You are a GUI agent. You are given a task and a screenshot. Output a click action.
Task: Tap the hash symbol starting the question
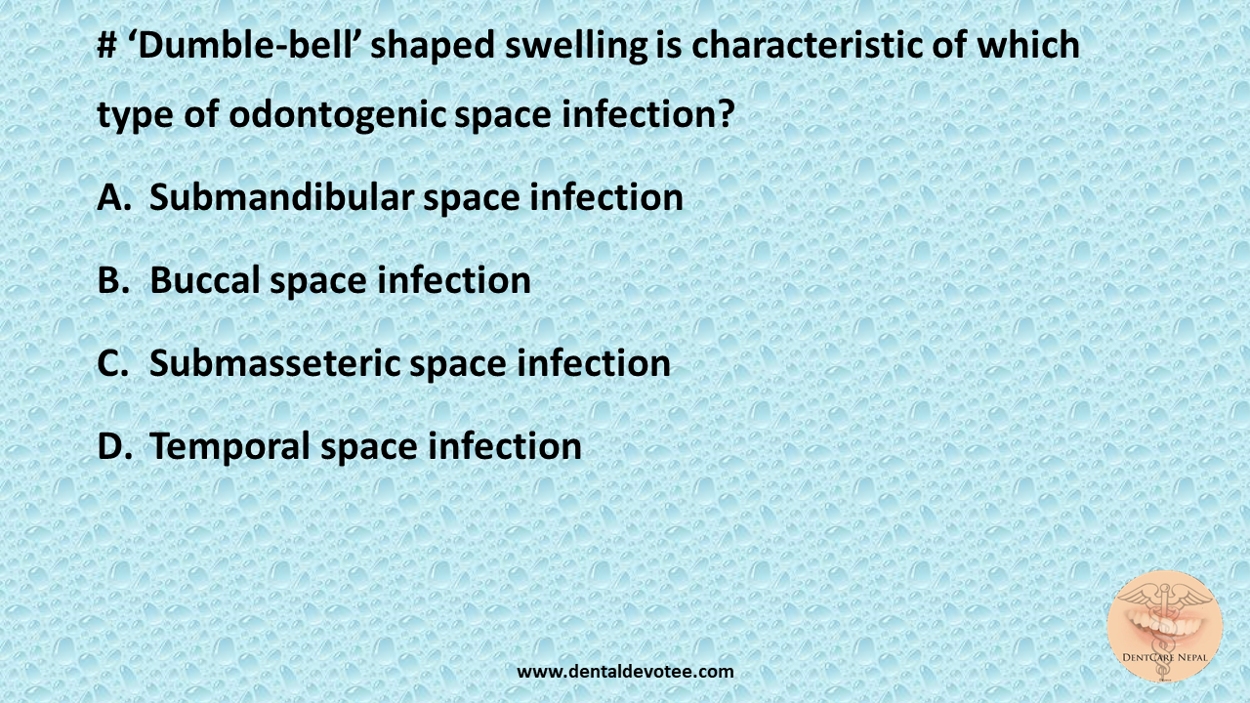pyautogui.click(x=106, y=46)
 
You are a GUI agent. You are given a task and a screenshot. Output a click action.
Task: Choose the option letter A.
pyautogui.click(x=113, y=198)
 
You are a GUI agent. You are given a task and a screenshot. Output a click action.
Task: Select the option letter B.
pyautogui.click(x=112, y=281)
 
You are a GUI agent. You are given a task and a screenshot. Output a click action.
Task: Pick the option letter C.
pyautogui.click(x=112, y=364)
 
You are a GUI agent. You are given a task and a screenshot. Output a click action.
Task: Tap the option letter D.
pyautogui.click(x=113, y=447)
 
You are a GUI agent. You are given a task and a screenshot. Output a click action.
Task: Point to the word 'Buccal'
pyautogui.click(x=205, y=281)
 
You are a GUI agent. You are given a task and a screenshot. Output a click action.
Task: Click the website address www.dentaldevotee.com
pyautogui.click(x=625, y=671)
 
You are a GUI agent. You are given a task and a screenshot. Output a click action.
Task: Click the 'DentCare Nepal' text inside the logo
pyautogui.click(x=1165, y=657)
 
